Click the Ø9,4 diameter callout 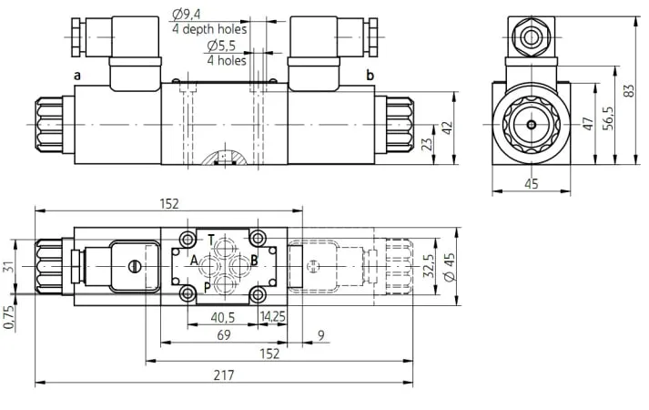point(187,15)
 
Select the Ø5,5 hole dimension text point(221,46)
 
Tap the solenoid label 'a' point(77,76)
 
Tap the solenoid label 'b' point(370,75)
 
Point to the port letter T point(211,240)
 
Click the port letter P point(207,287)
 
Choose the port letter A point(194,261)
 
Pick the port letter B point(254,261)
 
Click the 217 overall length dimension point(224,375)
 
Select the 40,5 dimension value point(223,318)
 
